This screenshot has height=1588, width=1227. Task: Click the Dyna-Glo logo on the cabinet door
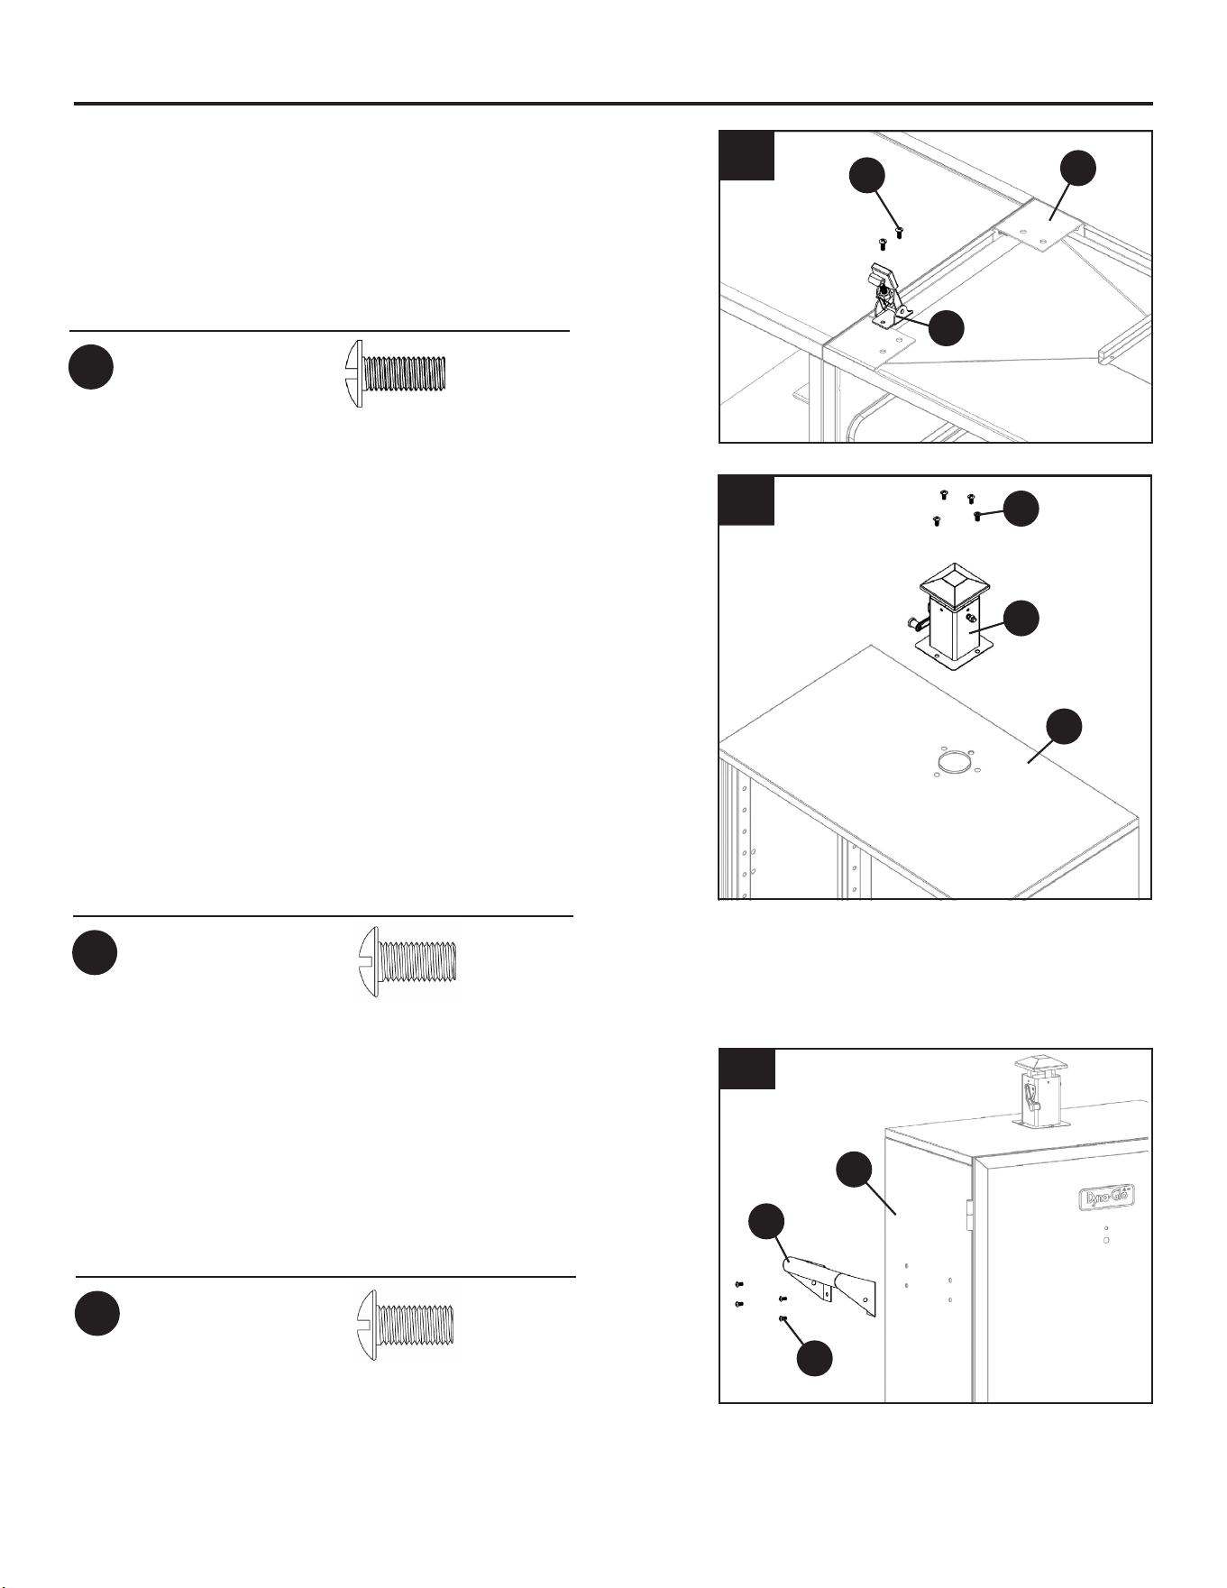coord(1106,1197)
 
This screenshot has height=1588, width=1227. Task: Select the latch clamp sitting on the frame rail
coord(888,293)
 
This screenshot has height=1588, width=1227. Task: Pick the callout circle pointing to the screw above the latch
coord(867,176)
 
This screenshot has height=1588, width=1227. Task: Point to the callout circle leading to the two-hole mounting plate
coord(1077,169)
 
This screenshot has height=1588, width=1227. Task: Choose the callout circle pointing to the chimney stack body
coord(1022,619)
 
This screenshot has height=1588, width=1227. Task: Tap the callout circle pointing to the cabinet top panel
coord(1064,728)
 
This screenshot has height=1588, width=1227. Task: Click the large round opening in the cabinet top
coord(954,764)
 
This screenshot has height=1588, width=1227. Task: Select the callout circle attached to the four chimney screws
coord(1021,509)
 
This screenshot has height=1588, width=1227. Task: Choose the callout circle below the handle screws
coord(814,1358)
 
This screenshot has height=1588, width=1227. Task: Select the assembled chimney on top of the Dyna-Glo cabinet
coord(1039,1091)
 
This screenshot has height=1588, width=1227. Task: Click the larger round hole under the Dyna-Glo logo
coord(1106,1241)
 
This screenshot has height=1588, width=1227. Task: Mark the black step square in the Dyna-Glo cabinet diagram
coord(747,1069)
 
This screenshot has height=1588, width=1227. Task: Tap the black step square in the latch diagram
coord(747,156)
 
